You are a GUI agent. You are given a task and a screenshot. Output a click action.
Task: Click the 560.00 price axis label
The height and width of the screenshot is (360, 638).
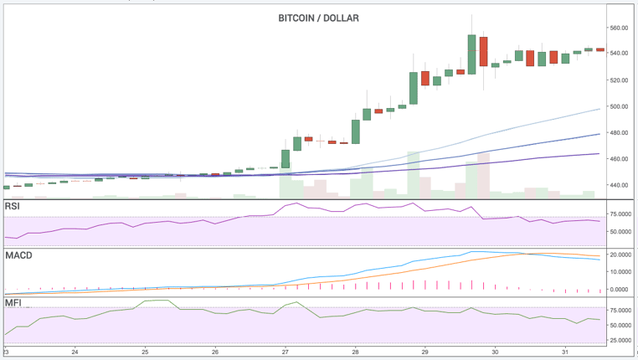pos(620,28)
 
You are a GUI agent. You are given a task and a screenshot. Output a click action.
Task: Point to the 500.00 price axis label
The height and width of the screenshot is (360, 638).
pos(620,106)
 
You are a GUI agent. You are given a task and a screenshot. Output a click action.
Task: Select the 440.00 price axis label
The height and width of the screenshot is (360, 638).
pos(620,185)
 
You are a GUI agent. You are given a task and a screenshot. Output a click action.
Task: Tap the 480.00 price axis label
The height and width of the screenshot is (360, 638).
pos(620,132)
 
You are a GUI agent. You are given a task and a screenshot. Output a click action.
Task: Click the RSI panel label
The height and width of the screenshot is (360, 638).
pos(13,206)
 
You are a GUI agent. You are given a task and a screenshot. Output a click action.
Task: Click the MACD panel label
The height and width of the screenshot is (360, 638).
pos(18,255)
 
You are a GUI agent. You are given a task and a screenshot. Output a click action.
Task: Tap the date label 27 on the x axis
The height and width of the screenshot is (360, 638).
pos(286,352)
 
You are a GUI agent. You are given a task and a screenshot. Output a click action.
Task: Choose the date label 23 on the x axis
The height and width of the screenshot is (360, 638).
pos(5,352)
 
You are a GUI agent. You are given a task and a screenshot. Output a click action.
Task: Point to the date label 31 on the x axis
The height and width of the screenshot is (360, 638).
pos(567,352)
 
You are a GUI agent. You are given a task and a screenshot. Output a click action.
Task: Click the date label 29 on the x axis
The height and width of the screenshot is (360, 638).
pos(425,352)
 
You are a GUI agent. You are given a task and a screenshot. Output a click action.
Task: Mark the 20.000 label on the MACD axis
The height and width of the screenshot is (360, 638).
pos(620,255)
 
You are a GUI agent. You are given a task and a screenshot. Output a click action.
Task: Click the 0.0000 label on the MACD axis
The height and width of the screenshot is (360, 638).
pos(620,290)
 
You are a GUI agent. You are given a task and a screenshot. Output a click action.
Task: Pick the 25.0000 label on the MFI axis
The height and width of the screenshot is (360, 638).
pos(620,340)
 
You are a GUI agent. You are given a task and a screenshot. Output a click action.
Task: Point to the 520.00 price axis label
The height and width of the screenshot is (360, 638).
pos(620,80)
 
